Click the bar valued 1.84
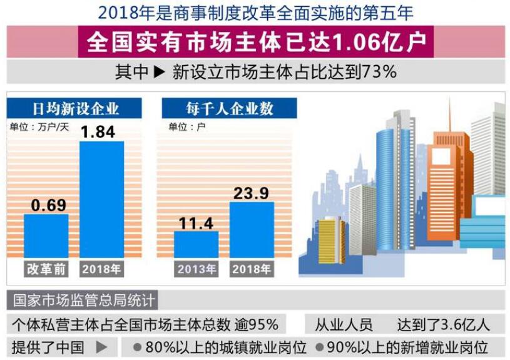tap(101, 199)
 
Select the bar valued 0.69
tap(46, 235)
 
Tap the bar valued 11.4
tap(196, 244)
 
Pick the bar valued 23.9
tap(252, 229)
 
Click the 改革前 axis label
tap(46, 269)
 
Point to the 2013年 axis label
tap(196, 269)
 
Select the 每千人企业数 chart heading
tap(229, 108)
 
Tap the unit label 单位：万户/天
tap(39, 126)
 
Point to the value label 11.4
tap(196, 223)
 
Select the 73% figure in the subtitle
tap(379, 72)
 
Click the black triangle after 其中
tap(159, 72)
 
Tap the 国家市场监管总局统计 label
tap(82, 301)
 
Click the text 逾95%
tap(256, 324)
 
